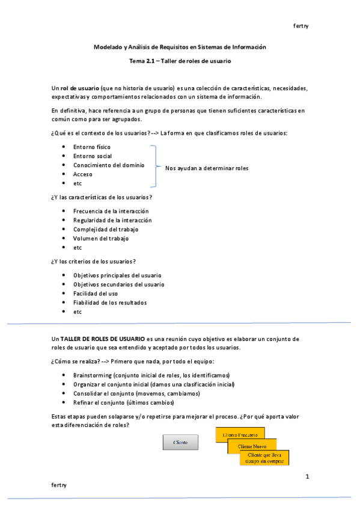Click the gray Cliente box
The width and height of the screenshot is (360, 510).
pyautogui.click(x=180, y=442)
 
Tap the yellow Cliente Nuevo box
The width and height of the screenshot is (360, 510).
pyautogui.click(x=252, y=446)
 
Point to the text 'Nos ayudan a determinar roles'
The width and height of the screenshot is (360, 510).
pyautogui.click(x=206, y=168)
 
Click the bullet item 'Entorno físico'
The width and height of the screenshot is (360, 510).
pyautogui.click(x=91, y=147)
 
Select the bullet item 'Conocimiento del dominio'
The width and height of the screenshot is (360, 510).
pyautogui.click(x=109, y=165)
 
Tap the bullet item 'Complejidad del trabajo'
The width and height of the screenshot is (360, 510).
pyautogui.click(x=105, y=229)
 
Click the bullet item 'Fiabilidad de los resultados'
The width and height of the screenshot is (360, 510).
pyautogui.click(x=109, y=303)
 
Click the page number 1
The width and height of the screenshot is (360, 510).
pyautogui.click(x=307, y=477)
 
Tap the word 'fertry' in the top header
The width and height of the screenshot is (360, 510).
pyautogui.click(x=301, y=26)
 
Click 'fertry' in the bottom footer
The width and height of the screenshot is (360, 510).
pyautogui.click(x=59, y=484)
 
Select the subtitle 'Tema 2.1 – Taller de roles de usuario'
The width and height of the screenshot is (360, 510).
pyautogui.click(x=180, y=61)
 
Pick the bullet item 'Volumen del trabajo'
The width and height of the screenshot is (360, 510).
pyautogui.click(x=101, y=238)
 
